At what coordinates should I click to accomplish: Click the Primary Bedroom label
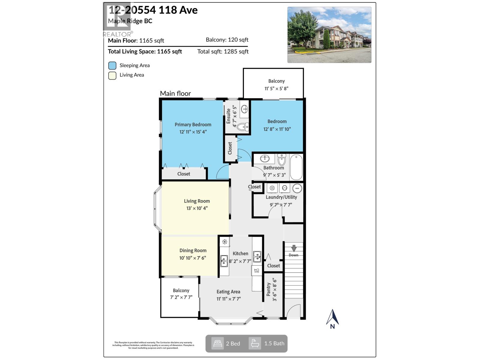[x=193, y=124]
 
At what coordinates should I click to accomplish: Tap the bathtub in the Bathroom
[x=296, y=167]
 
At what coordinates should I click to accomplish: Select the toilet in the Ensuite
[x=243, y=127]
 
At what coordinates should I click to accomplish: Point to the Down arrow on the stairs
[x=294, y=248]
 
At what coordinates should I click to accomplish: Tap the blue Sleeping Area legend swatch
[x=112, y=65]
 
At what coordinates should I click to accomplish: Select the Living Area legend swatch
[x=112, y=75]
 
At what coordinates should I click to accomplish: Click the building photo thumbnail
[x=329, y=35]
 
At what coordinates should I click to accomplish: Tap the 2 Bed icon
[x=217, y=343]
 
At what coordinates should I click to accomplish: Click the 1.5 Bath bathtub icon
[x=255, y=343]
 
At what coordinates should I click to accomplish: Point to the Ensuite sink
[x=244, y=109]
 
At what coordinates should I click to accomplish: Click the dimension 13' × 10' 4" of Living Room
[x=197, y=208]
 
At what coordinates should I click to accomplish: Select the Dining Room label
[x=193, y=250]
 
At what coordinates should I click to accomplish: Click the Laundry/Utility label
[x=281, y=197]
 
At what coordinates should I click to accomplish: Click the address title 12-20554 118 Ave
[x=153, y=10]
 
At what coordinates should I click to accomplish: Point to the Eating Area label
[x=228, y=292]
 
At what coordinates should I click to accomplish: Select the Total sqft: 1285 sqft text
[x=223, y=52]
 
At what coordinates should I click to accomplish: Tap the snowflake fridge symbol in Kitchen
[x=224, y=241]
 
